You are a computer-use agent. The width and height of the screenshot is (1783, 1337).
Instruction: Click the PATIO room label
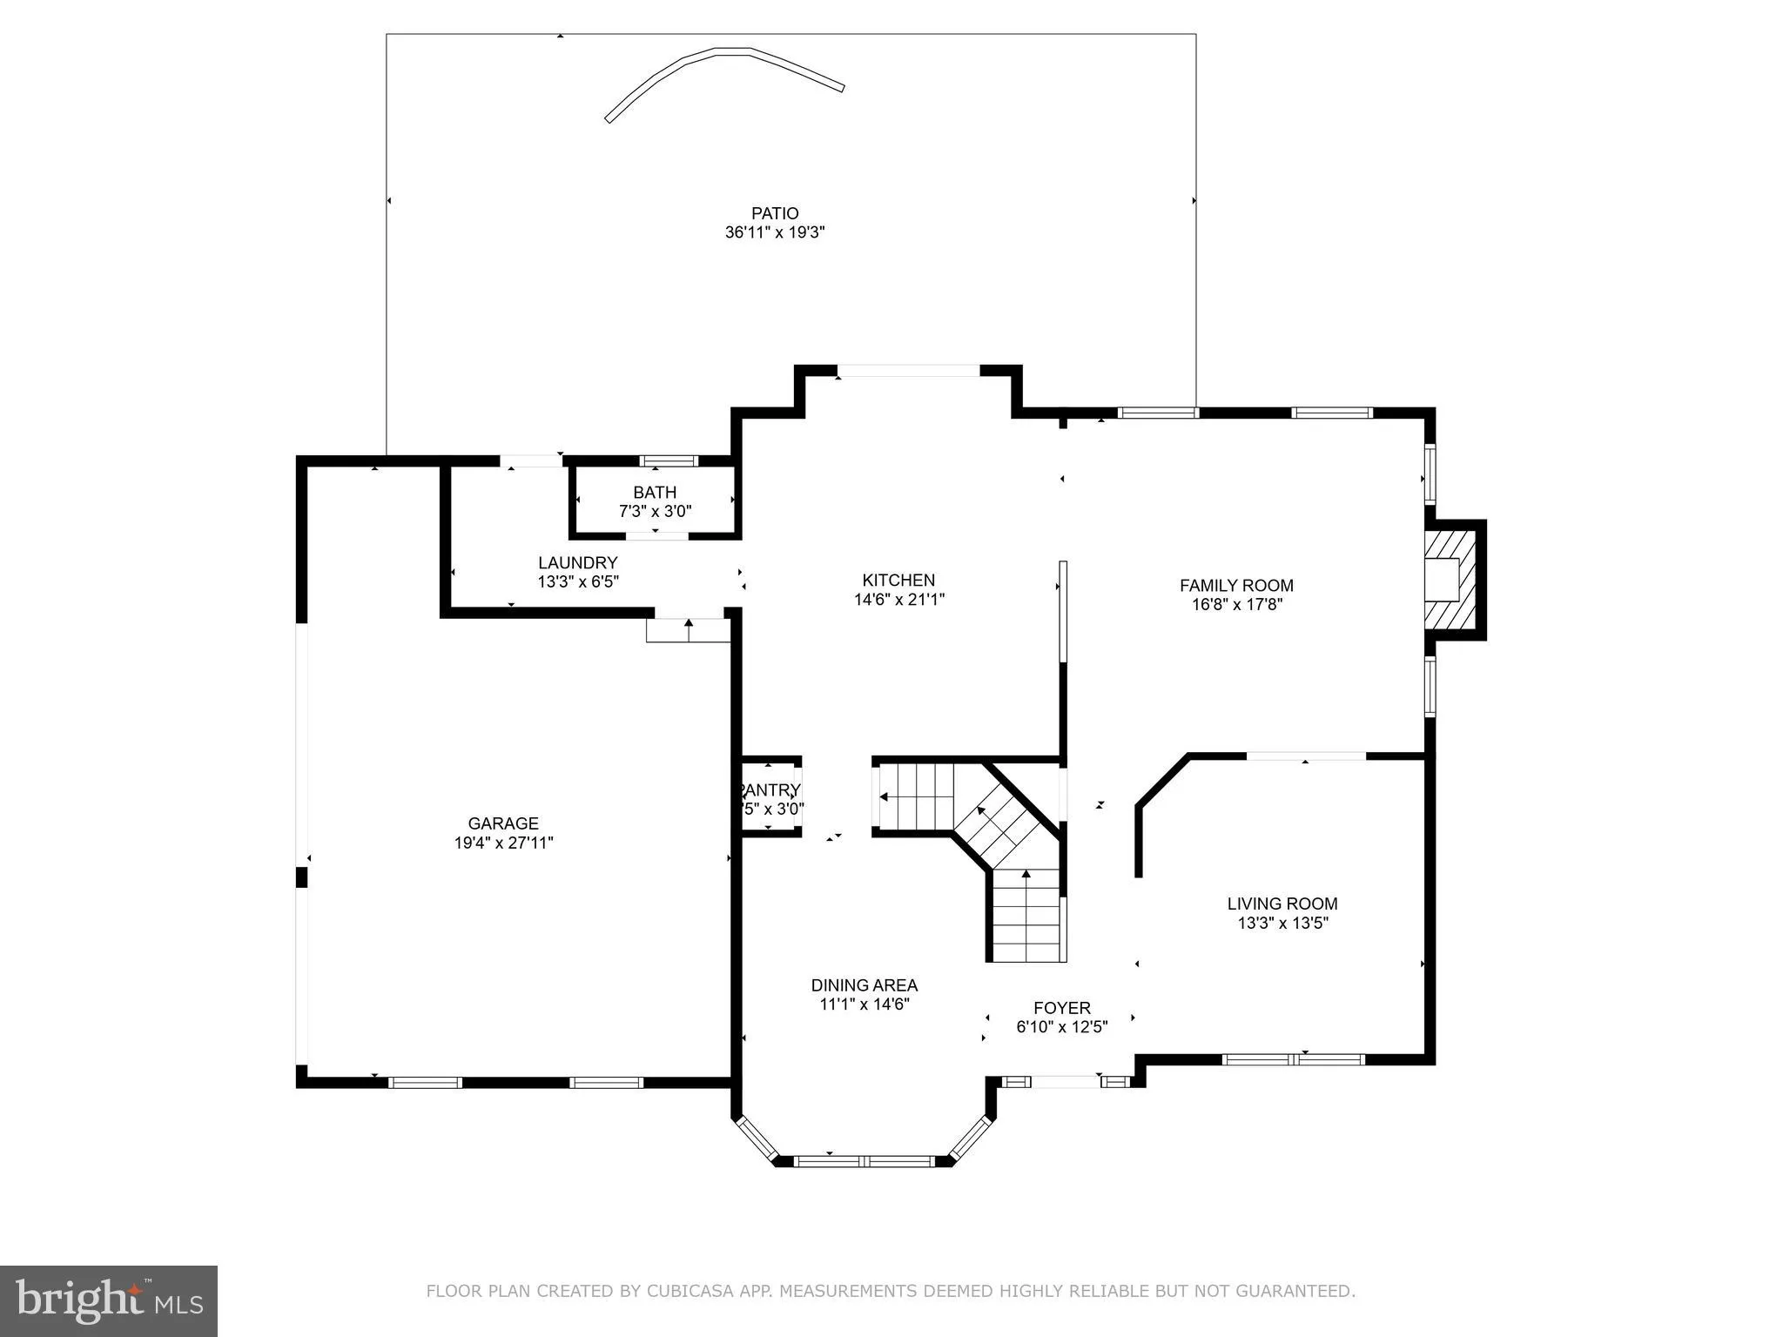pos(775,213)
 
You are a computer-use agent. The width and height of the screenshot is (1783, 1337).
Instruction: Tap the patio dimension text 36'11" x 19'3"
pos(775,232)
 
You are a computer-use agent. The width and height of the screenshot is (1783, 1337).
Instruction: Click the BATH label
pos(655,493)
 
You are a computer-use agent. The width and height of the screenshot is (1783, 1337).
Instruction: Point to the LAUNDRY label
pos(577,562)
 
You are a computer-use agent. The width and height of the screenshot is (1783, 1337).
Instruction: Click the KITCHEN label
pos(898,580)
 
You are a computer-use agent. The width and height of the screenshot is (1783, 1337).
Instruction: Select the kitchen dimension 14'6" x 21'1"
pos(898,599)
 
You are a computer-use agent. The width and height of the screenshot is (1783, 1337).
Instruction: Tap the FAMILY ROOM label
pos(1236,586)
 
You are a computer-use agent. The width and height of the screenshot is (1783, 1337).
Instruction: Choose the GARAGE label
pos(503,823)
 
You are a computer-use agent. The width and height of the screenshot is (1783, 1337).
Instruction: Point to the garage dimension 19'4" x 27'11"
pos(503,843)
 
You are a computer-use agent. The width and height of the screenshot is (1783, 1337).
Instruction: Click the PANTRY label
pos(770,790)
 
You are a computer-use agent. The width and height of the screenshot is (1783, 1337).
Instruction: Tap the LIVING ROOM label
pos(1282,904)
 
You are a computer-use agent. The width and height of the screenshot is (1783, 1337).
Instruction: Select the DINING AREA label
pos(865,985)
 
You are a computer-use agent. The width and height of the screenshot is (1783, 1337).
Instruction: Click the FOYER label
pos(1062,1008)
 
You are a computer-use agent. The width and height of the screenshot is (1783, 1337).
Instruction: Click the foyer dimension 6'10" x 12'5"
pos(1062,1027)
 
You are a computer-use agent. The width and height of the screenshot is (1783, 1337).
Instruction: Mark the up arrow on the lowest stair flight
pos(1026,875)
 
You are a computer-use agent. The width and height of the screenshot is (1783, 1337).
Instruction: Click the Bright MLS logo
pos(109,1300)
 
